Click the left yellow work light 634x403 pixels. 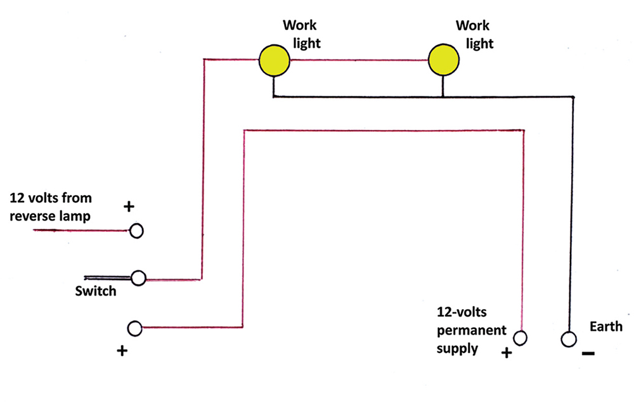pyautogui.click(x=275, y=61)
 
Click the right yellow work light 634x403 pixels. pyautogui.click(x=443, y=61)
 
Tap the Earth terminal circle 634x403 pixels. pyautogui.click(x=568, y=339)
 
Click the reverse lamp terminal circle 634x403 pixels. pyautogui.click(x=136, y=231)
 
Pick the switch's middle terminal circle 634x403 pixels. pyautogui.click(x=138, y=278)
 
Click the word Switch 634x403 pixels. pyautogui.click(x=96, y=291)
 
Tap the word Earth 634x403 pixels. pyautogui.click(x=606, y=327)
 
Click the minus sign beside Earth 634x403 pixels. pyautogui.click(x=588, y=353)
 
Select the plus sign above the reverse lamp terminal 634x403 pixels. pyautogui.click(x=129, y=207)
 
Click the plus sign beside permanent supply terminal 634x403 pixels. pyautogui.click(x=506, y=353)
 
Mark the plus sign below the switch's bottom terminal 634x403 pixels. pyautogui.click(x=122, y=350)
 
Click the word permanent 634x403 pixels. pyautogui.click(x=472, y=330)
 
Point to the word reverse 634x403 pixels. pyautogui.click(x=32, y=216)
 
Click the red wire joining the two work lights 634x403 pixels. pyautogui.click(x=358, y=61)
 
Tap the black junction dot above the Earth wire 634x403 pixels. pyautogui.click(x=573, y=97)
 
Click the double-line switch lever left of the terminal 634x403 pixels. pyautogui.click(x=108, y=278)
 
